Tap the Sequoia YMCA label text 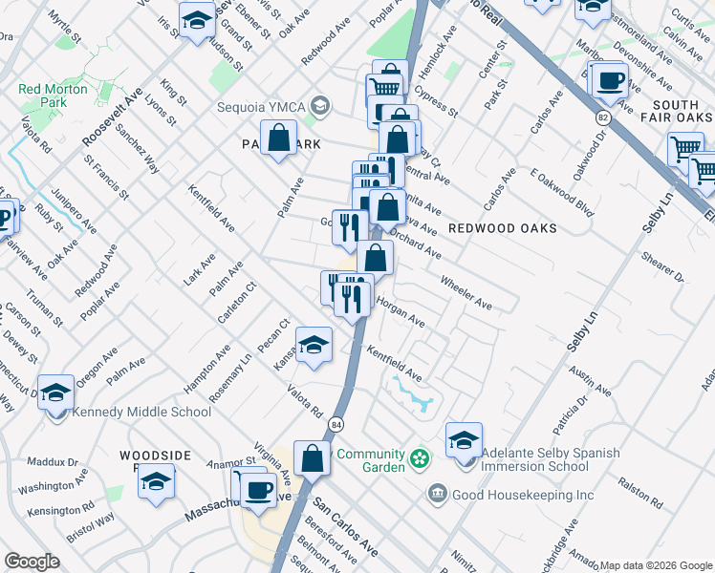point(261,105)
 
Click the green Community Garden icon point(417,460)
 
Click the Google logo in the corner point(31,562)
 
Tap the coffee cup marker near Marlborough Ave point(610,82)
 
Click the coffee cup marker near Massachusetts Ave point(256,490)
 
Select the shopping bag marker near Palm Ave point(278,138)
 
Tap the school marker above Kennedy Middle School point(55,392)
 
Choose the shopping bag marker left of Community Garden point(312,458)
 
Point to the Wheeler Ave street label point(466,293)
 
